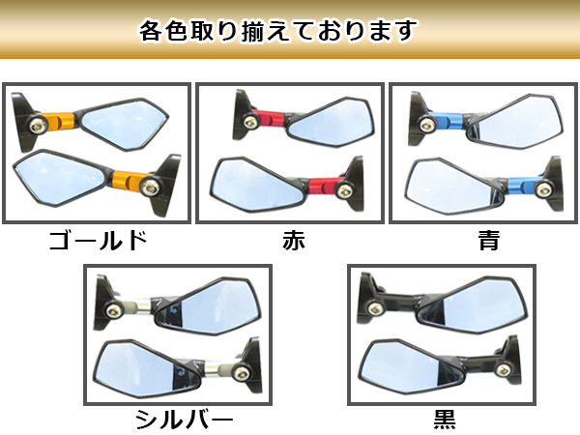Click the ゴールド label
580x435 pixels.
pyautogui.click(x=98, y=240)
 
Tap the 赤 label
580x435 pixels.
pyautogui.click(x=294, y=240)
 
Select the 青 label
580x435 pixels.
pyautogui.click(x=489, y=240)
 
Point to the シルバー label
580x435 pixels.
pyautogui.click(x=184, y=420)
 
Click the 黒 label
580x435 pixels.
pyautogui.click(x=445, y=420)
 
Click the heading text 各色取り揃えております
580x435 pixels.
pyautogui.click(x=277, y=30)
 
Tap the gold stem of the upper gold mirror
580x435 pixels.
pyautogui.click(x=59, y=121)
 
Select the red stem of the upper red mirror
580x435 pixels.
pyautogui.click(x=270, y=119)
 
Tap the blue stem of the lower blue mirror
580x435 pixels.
pyautogui.click(x=522, y=186)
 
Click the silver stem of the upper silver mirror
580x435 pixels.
pyautogui.click(x=135, y=305)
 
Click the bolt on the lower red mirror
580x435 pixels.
pyautogui.click(x=343, y=190)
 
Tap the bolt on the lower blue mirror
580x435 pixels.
pyautogui.click(x=542, y=190)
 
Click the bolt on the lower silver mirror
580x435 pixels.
pyautogui.click(x=242, y=372)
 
